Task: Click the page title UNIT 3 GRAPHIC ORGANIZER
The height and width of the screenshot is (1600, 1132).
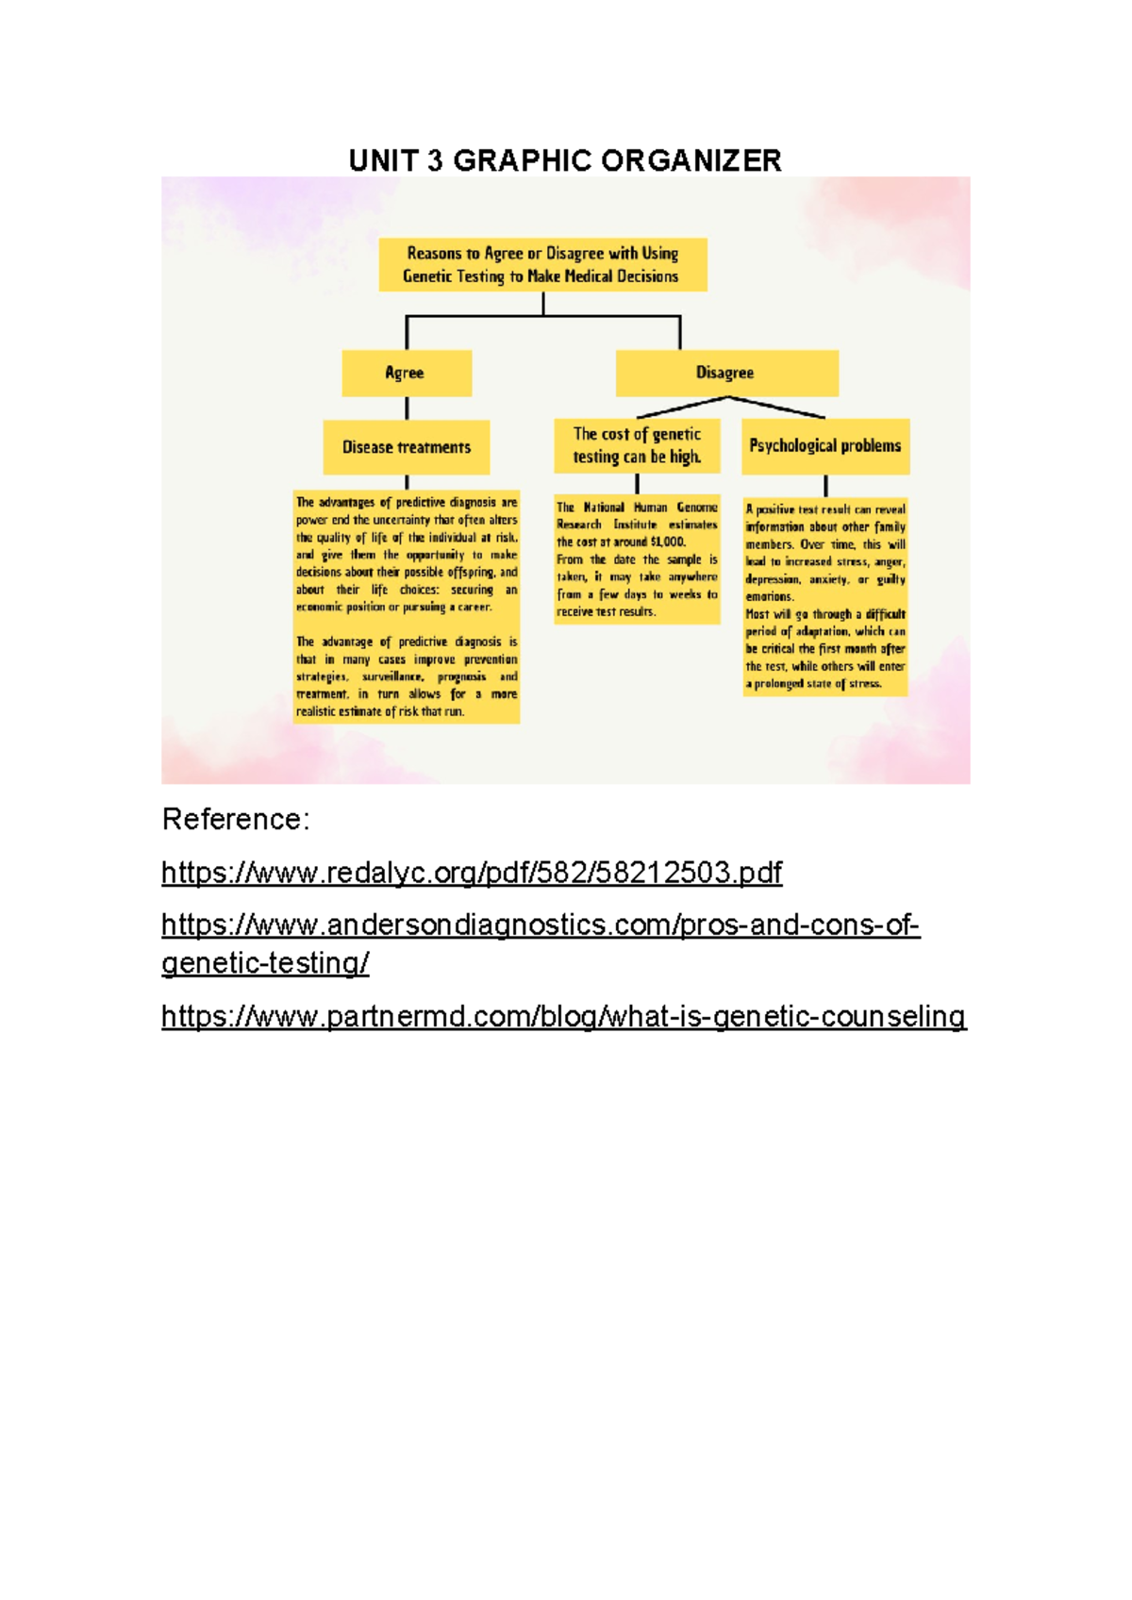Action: click(x=565, y=160)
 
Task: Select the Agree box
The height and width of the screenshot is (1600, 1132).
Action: click(x=407, y=373)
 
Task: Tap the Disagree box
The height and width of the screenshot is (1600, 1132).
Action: click(x=725, y=373)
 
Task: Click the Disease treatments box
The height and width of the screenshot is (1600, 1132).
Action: click(x=407, y=447)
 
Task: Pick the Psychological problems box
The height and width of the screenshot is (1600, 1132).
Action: click(x=825, y=445)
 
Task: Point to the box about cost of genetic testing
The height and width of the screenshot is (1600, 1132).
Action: click(x=637, y=445)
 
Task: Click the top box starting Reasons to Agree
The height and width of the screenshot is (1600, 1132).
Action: click(x=542, y=264)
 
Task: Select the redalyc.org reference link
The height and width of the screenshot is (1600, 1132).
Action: click(x=472, y=872)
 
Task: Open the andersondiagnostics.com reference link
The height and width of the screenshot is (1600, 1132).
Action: click(x=540, y=925)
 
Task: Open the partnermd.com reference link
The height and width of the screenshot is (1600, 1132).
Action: click(x=563, y=1016)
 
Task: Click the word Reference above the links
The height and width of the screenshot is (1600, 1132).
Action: click(x=234, y=819)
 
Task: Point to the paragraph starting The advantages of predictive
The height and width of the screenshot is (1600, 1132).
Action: click(x=407, y=554)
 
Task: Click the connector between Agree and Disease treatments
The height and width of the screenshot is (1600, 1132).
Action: click(x=407, y=408)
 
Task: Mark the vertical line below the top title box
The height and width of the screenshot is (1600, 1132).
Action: click(x=543, y=303)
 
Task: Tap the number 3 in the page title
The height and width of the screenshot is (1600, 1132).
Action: click(x=434, y=160)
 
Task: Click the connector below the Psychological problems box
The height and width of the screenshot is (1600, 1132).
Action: click(x=825, y=486)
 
